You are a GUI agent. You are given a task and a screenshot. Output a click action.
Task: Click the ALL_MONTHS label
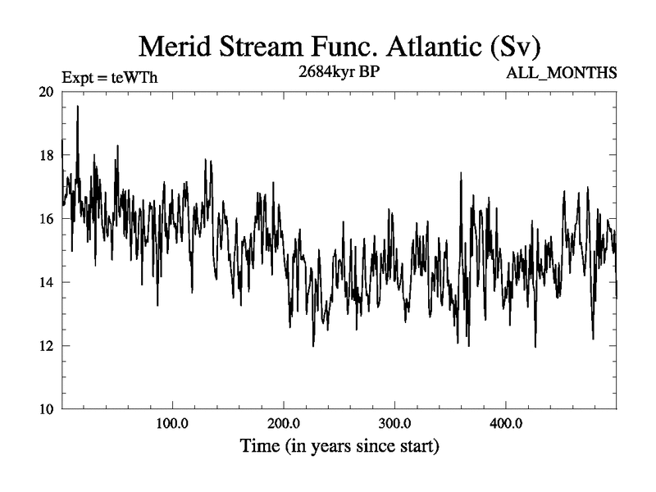[563, 73]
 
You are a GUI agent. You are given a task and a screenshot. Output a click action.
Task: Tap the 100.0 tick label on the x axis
[173, 425]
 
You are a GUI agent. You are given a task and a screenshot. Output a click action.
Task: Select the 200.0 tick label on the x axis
[284, 425]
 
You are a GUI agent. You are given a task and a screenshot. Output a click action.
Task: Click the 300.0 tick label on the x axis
[394, 425]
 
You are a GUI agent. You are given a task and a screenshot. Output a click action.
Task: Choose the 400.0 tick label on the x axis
[505, 425]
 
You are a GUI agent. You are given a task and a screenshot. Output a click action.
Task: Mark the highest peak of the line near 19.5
[78, 107]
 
